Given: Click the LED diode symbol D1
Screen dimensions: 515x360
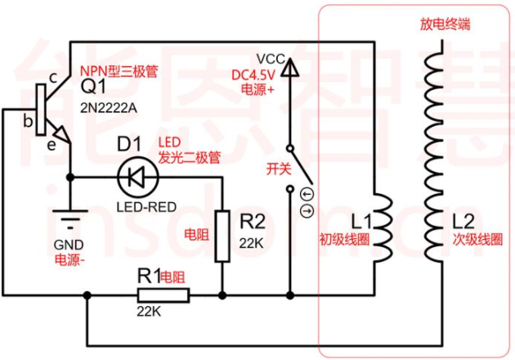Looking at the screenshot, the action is (x=138, y=178).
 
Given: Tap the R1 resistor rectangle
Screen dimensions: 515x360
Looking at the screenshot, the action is (x=163, y=295).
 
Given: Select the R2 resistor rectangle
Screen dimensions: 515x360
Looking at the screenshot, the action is (x=222, y=236).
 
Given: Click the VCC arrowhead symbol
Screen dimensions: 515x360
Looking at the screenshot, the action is (x=290, y=67).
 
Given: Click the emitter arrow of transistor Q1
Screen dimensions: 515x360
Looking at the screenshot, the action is (x=62, y=134).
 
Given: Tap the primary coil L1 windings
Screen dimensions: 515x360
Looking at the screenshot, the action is (x=383, y=227).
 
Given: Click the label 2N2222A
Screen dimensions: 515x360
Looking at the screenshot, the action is (x=109, y=108).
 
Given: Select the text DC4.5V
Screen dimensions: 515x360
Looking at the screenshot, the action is (x=253, y=75).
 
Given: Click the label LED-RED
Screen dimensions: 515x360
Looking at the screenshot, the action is (x=146, y=207).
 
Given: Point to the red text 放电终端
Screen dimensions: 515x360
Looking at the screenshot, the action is (x=445, y=25).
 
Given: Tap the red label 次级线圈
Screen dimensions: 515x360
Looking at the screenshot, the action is (x=477, y=240).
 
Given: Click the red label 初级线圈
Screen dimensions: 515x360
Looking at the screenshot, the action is (x=344, y=239).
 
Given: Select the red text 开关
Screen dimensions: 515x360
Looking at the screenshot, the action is (x=279, y=169).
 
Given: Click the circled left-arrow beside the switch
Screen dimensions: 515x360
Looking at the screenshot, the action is (x=307, y=194).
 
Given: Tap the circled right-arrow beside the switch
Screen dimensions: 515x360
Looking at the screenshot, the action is (x=307, y=211).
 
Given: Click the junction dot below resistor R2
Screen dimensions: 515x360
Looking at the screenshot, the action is (x=222, y=295).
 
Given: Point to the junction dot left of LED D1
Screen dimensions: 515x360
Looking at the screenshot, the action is (x=70, y=178).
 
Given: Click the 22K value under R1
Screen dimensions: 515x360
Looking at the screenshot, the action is (x=149, y=312).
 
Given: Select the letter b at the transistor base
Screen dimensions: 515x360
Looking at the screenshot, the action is (x=29, y=121).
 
